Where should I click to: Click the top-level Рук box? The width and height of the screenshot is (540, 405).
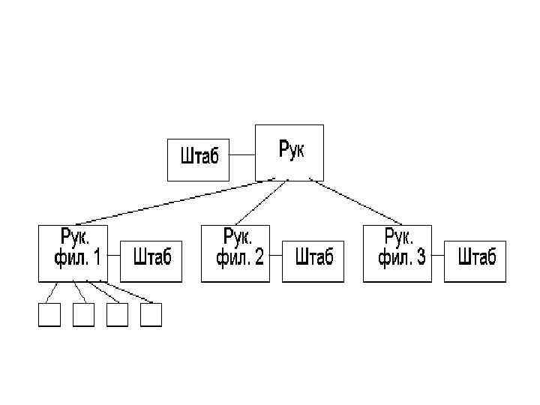click(x=289, y=152)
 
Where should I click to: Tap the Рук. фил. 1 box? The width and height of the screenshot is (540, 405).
click(x=72, y=253)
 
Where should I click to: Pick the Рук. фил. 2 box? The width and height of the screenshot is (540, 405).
click(x=235, y=253)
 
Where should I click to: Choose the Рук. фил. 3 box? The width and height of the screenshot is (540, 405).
click(x=397, y=253)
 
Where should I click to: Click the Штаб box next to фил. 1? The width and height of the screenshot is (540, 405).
click(x=151, y=260)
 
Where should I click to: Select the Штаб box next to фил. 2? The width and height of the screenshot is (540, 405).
click(x=313, y=260)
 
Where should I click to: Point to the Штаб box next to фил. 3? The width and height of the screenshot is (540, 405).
click(x=475, y=260)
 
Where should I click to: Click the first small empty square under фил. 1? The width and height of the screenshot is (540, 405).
click(x=49, y=316)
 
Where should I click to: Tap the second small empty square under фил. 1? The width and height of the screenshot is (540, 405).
click(x=83, y=316)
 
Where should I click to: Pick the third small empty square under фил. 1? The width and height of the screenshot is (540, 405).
click(x=118, y=316)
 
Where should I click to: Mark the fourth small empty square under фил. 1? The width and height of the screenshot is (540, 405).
click(x=151, y=316)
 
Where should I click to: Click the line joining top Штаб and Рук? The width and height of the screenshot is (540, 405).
click(x=241, y=156)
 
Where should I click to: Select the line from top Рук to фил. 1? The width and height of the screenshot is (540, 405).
click(x=176, y=202)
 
